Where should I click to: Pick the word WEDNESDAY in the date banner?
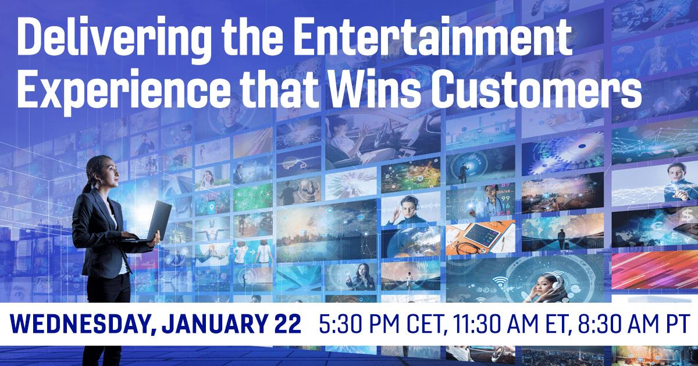point(79,324)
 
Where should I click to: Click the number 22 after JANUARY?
point(288,324)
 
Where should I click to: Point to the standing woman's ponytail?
point(88,184)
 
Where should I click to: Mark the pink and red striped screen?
point(655,270)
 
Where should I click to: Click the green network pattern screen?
point(252,198)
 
